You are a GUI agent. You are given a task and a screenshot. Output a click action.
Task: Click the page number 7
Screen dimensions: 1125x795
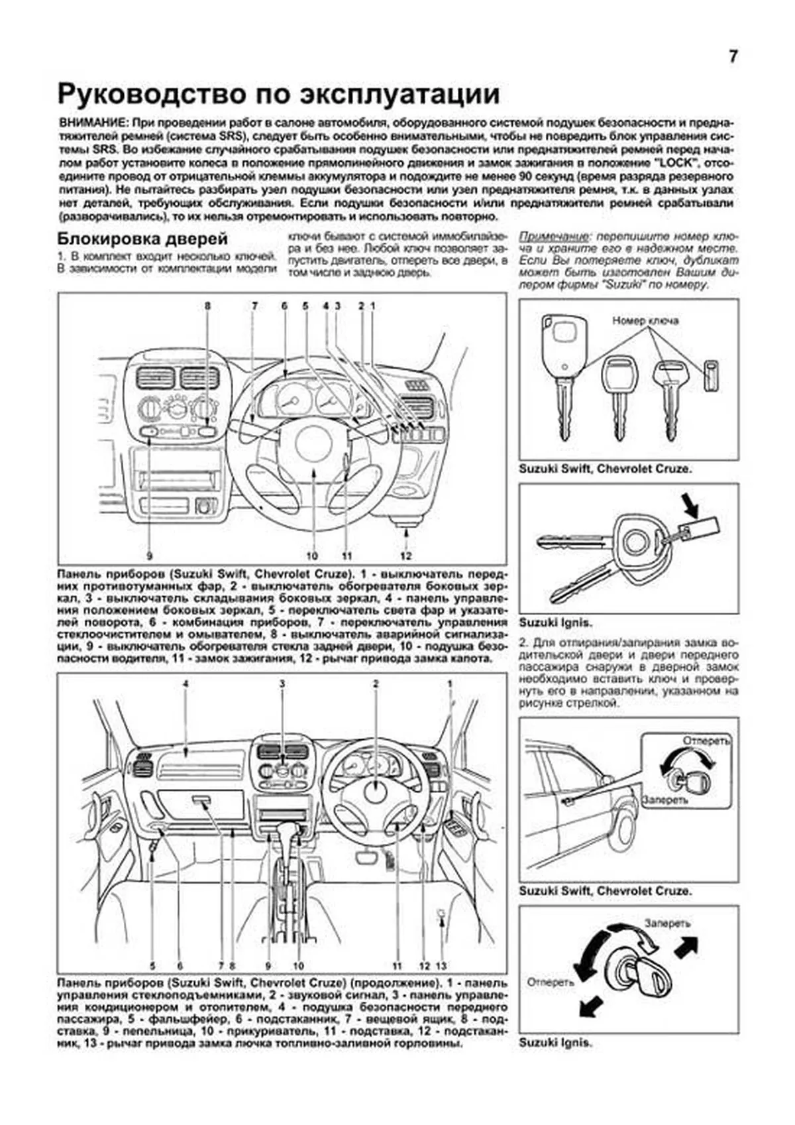point(733,57)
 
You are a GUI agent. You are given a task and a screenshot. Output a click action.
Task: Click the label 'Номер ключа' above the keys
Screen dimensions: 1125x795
point(645,321)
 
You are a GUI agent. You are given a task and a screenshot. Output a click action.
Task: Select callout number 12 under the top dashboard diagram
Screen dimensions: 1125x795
point(406,556)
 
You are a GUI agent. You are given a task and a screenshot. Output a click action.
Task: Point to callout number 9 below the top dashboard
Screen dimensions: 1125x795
point(150,556)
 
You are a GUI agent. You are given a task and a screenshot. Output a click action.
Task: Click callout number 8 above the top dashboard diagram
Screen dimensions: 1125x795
point(207,306)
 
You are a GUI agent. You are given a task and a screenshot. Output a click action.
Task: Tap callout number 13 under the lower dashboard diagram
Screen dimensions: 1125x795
point(442,966)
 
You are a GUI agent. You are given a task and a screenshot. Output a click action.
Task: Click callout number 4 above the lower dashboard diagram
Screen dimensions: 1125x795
point(185,683)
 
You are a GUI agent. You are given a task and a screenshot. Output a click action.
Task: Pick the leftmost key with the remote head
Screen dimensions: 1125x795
point(562,371)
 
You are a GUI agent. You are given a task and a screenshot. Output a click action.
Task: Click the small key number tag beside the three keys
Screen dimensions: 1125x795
point(710,377)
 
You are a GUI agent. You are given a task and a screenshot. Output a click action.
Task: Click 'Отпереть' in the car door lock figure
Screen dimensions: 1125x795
point(706,740)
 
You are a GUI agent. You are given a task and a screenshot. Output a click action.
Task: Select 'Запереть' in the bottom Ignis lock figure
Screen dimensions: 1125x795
point(667,923)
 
